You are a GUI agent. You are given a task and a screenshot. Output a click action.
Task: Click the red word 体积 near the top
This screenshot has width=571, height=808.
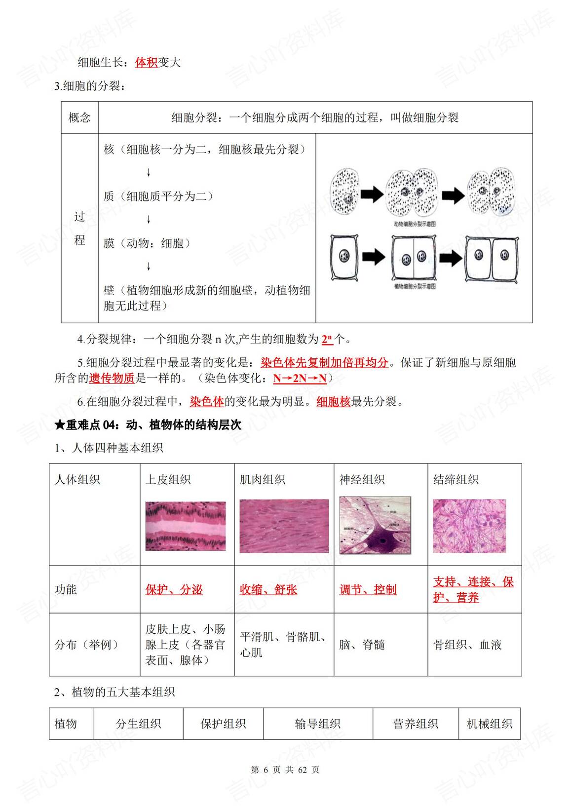(x=146, y=63)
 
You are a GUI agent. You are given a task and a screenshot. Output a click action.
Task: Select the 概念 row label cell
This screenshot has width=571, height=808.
(x=79, y=117)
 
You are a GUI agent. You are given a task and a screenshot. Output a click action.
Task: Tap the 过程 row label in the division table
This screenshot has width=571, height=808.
(x=79, y=228)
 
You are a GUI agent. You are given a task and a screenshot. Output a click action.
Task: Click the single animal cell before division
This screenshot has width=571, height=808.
(x=345, y=192)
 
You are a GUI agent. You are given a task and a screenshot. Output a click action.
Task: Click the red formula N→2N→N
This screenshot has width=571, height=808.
(x=300, y=379)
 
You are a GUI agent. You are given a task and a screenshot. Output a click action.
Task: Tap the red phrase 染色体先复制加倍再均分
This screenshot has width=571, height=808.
(x=324, y=363)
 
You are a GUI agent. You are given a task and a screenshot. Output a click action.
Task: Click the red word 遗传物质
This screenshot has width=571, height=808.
(x=112, y=379)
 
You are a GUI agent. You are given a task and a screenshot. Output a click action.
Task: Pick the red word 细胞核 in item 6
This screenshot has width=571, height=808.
(x=333, y=402)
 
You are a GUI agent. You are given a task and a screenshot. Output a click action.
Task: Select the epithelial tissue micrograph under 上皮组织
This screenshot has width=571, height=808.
(x=186, y=526)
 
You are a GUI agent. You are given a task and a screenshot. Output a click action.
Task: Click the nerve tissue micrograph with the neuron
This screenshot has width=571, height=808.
(x=375, y=525)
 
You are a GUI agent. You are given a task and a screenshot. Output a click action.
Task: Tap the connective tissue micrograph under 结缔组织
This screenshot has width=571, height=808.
(x=469, y=526)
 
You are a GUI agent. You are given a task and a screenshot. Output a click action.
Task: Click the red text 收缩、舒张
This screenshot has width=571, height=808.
(x=268, y=589)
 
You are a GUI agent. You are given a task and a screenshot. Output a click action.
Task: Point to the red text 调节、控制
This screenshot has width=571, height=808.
(x=368, y=589)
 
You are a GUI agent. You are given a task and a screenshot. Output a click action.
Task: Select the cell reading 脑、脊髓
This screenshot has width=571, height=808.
(x=362, y=645)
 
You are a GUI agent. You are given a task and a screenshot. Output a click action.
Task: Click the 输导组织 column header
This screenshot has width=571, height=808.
(x=317, y=724)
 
